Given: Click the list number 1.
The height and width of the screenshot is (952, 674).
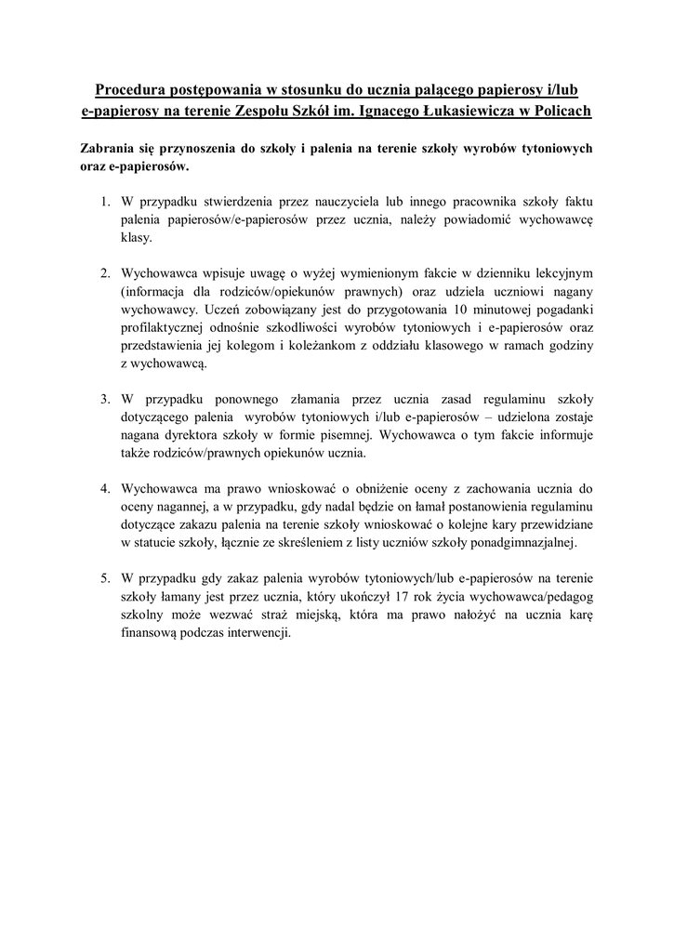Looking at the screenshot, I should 105,201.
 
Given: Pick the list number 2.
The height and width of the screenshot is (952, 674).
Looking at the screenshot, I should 105,273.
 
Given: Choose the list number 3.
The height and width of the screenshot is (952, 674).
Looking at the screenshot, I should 105,399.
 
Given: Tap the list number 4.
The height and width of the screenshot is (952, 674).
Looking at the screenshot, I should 105,488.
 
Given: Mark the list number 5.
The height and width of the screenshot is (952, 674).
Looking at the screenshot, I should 105,577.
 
